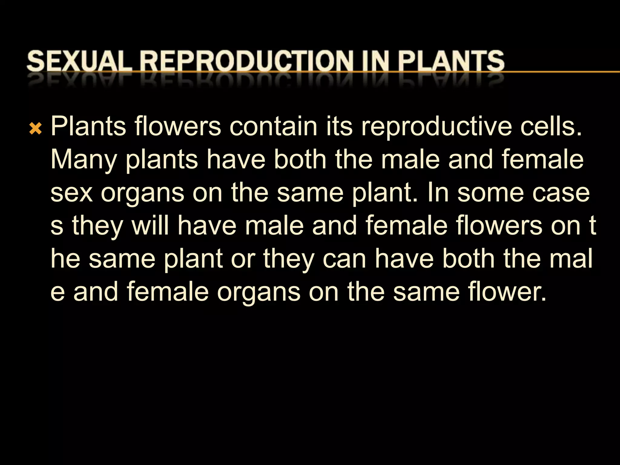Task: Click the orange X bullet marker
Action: point(35,129)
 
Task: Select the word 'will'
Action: point(150,226)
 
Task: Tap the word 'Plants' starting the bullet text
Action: point(88,126)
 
